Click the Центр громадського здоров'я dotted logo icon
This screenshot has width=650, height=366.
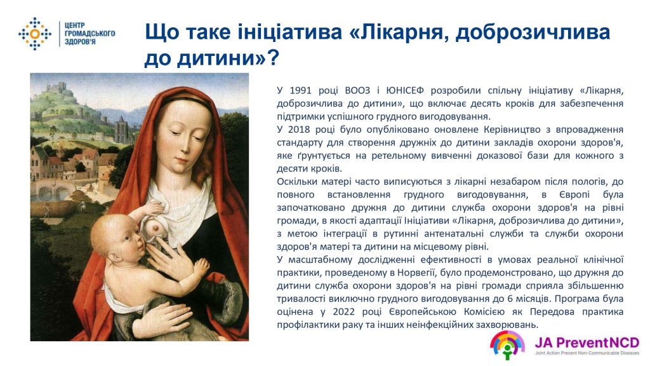pos(35,34)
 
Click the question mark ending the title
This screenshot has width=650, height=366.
pos(273,58)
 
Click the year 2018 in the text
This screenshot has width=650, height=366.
pos(299,130)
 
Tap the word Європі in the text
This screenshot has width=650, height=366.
pos(574,194)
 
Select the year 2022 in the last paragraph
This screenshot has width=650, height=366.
pos(343,311)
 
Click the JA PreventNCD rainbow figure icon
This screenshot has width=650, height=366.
pos(507,344)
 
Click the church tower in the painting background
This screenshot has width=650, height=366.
pos(121,130)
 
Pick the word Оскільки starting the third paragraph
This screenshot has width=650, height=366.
pos(296,181)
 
